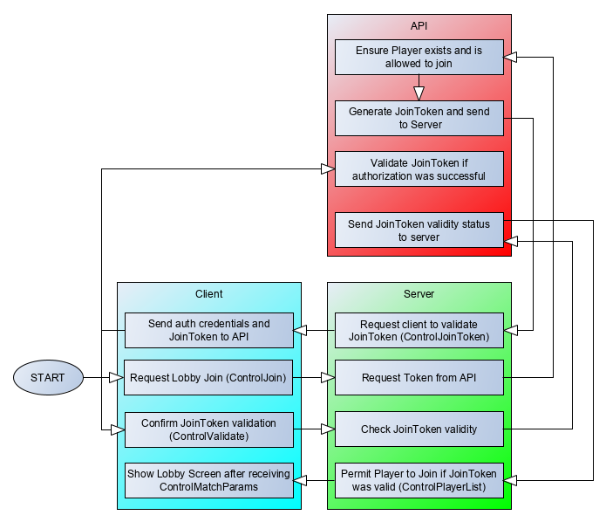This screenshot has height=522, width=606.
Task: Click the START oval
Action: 48,378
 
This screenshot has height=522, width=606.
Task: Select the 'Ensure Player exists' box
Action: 419,58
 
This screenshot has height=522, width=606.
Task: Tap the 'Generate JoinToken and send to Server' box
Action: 419,118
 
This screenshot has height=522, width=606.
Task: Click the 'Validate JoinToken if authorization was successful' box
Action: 419,168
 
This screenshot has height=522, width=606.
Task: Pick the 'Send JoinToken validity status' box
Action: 419,230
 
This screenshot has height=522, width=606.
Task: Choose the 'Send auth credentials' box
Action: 208,330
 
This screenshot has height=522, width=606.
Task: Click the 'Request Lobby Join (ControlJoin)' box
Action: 208,378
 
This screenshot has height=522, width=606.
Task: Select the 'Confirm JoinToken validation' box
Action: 208,429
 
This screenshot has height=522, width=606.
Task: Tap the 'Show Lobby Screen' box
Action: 208,480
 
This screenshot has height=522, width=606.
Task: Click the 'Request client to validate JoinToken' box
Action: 419,330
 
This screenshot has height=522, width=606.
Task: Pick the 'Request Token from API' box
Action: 419,378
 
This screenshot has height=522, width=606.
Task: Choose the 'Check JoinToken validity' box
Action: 419,429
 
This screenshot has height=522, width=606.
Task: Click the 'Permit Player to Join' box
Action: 419,480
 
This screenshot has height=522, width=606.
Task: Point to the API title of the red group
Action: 419,26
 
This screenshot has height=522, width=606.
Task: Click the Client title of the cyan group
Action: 208,294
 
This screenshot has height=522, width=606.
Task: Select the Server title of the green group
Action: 419,294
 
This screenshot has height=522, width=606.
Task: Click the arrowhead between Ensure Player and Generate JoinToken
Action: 419,92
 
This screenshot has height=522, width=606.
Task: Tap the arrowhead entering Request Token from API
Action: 328,378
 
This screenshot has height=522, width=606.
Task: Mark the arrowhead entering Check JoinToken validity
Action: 328,429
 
